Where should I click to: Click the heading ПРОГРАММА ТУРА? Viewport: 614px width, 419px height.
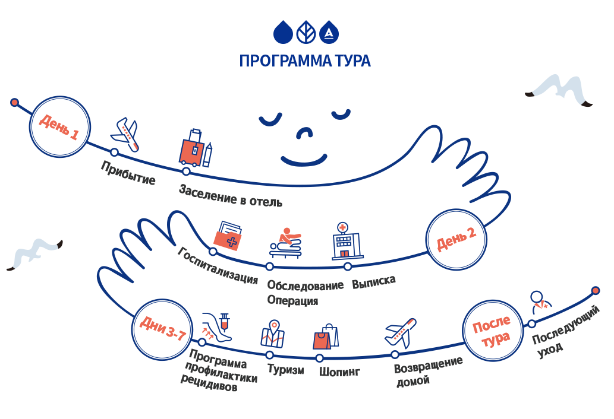[x=305, y=61]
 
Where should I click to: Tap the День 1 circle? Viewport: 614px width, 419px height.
[x=60, y=127]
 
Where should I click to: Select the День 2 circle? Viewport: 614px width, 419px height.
[x=456, y=239]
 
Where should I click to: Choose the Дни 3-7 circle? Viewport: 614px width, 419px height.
[x=162, y=329]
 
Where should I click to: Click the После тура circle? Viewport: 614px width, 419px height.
[x=492, y=331]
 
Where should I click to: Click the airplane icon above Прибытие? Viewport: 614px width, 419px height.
[x=125, y=134]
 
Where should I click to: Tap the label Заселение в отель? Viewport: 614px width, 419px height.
[x=231, y=195]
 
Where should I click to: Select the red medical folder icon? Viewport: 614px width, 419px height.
[x=228, y=236]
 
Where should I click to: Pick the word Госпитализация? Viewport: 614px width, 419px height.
[x=218, y=265]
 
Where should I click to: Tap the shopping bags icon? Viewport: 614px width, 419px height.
[x=326, y=337]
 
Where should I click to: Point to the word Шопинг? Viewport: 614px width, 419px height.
[x=339, y=372]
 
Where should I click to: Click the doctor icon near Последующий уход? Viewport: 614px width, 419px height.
[x=541, y=301]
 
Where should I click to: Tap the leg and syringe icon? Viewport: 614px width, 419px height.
[x=216, y=328]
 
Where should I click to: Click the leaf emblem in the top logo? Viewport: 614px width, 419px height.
[x=306, y=32]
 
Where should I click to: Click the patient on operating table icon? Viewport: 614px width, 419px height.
[x=286, y=243]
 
